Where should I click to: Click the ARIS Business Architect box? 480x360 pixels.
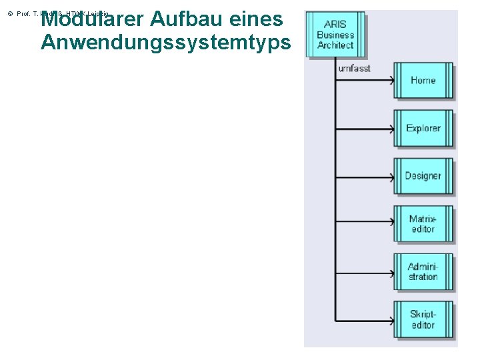click(x=335, y=35)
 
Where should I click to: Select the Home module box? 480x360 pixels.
click(x=423, y=81)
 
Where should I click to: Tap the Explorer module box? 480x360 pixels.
click(x=423, y=128)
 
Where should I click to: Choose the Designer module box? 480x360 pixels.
click(x=423, y=176)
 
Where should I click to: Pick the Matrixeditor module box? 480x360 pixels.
click(x=423, y=224)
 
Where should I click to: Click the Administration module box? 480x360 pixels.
click(x=423, y=272)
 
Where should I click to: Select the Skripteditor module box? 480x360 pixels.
click(x=423, y=320)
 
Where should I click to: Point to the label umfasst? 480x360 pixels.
click(x=355, y=68)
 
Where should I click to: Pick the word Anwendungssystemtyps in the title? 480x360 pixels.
click(x=165, y=43)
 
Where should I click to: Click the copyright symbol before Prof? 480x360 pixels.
click(x=9, y=14)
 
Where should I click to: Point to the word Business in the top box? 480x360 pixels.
click(x=335, y=35)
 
